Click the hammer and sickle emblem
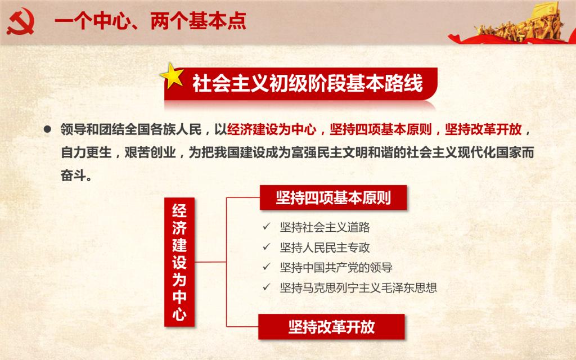click(x=21, y=22)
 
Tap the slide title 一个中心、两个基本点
click(x=150, y=21)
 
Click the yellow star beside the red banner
click(x=172, y=76)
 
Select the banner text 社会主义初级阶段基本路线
click(x=308, y=83)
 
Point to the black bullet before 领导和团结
click(x=47, y=129)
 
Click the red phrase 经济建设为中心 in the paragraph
click(x=272, y=130)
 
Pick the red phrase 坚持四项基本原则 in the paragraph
click(x=381, y=130)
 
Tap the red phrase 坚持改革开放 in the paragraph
click(x=483, y=130)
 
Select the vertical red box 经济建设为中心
click(x=179, y=262)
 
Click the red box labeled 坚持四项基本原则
click(x=333, y=197)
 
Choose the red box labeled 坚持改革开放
click(x=331, y=327)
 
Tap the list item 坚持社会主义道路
click(x=325, y=227)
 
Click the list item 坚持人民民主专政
click(x=325, y=247)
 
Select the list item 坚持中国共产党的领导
click(x=336, y=267)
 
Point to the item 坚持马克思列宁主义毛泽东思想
click(x=358, y=287)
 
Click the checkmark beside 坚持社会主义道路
click(x=266, y=226)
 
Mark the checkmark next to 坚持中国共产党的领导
click(x=266, y=266)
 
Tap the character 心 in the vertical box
click(x=179, y=313)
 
